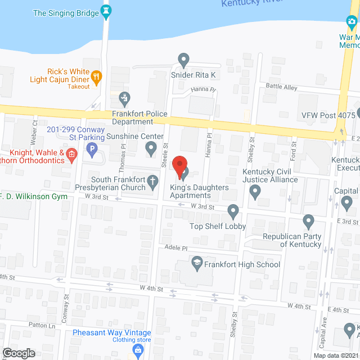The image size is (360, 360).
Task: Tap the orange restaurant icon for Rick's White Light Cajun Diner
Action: click(96, 77)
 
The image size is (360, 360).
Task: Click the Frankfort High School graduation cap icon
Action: click(197, 262)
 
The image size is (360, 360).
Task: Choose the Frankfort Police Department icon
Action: click(124, 100)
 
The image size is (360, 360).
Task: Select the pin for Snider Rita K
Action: click(183, 59)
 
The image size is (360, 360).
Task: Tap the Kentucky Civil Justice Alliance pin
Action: click(255, 193)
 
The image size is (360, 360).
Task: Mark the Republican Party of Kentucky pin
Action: click(308, 221)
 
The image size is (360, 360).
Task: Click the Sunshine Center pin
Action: click(151, 148)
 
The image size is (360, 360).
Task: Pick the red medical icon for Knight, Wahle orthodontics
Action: click(71, 154)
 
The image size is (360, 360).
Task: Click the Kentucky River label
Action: click(250, 3)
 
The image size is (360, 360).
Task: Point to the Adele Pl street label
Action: click(176, 247)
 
